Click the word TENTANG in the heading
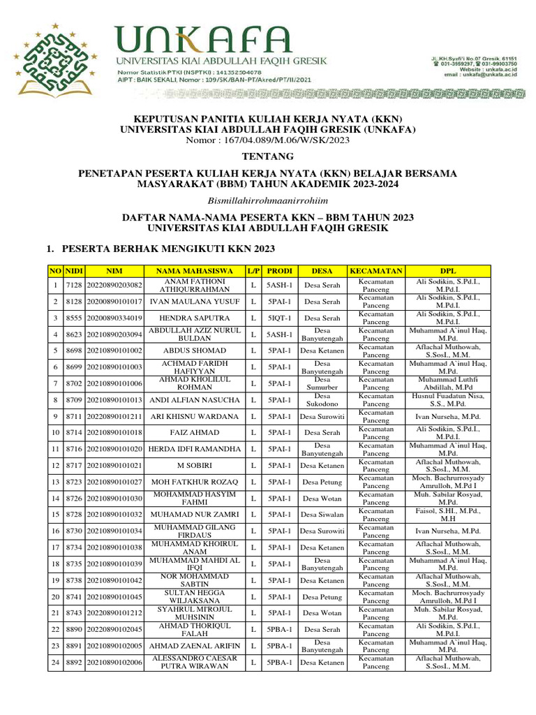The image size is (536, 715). tap(267, 156)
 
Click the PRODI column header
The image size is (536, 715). tap(280, 270)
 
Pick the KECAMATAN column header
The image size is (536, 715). tap(375, 270)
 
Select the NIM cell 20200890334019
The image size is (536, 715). tap(114, 318)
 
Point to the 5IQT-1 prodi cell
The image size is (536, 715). tap(280, 318)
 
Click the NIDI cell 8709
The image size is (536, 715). tap(74, 400)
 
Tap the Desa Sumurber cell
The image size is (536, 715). tap(322, 383)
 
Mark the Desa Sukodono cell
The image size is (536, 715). tap(322, 400)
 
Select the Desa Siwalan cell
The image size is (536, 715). tap(322, 515)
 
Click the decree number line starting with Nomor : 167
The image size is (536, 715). tap(267, 140)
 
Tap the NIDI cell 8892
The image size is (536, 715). tap(74, 662)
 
